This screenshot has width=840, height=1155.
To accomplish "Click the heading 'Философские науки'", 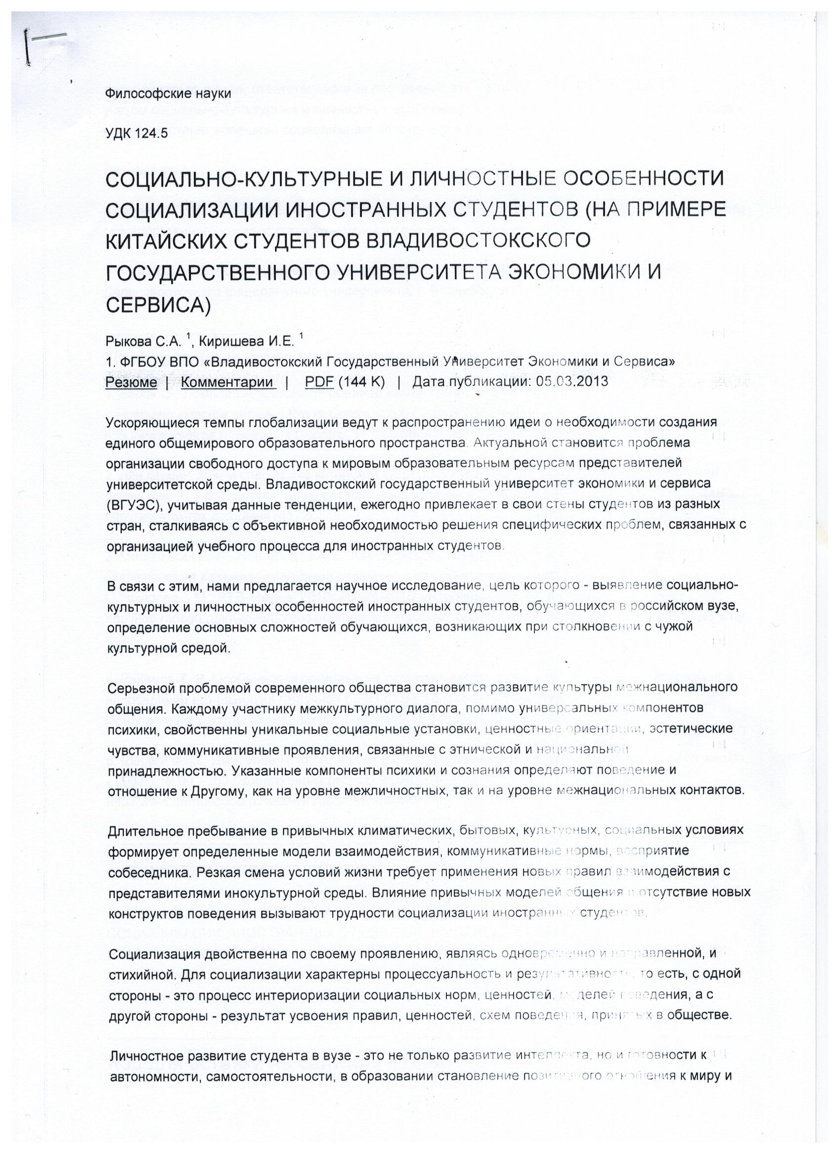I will tap(168, 94).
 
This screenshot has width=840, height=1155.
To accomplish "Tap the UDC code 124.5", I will tap(151, 134).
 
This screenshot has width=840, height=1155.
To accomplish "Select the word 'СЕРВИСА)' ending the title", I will tap(158, 304).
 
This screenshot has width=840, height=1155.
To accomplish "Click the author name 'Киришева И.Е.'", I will tap(246, 342).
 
